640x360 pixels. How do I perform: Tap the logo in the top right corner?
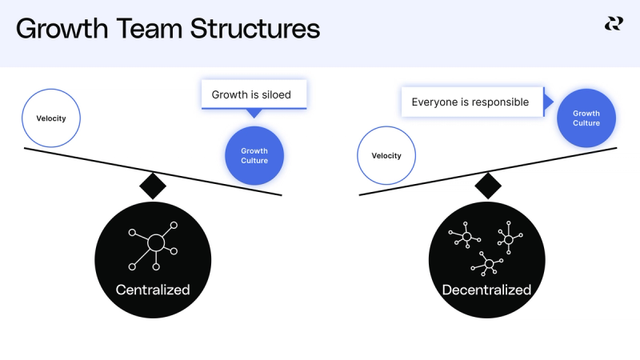[x=613, y=25]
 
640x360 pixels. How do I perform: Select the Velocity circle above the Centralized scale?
[x=51, y=118]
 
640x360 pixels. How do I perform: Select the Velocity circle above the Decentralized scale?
[x=386, y=156]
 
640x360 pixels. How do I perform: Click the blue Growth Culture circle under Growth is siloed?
[x=254, y=156]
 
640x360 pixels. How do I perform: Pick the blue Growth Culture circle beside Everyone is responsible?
[x=586, y=118]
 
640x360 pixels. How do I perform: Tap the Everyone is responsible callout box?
[x=470, y=102]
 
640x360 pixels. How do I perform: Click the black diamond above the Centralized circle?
[x=153, y=186]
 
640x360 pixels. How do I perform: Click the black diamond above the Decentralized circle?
[x=487, y=186]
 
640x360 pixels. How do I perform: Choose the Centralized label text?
[x=153, y=290]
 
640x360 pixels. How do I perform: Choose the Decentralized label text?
[x=486, y=290]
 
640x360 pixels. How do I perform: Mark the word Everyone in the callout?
[x=433, y=102]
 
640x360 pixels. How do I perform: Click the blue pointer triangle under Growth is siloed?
[x=254, y=113]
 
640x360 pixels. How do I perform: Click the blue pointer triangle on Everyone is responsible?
[x=548, y=102]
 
